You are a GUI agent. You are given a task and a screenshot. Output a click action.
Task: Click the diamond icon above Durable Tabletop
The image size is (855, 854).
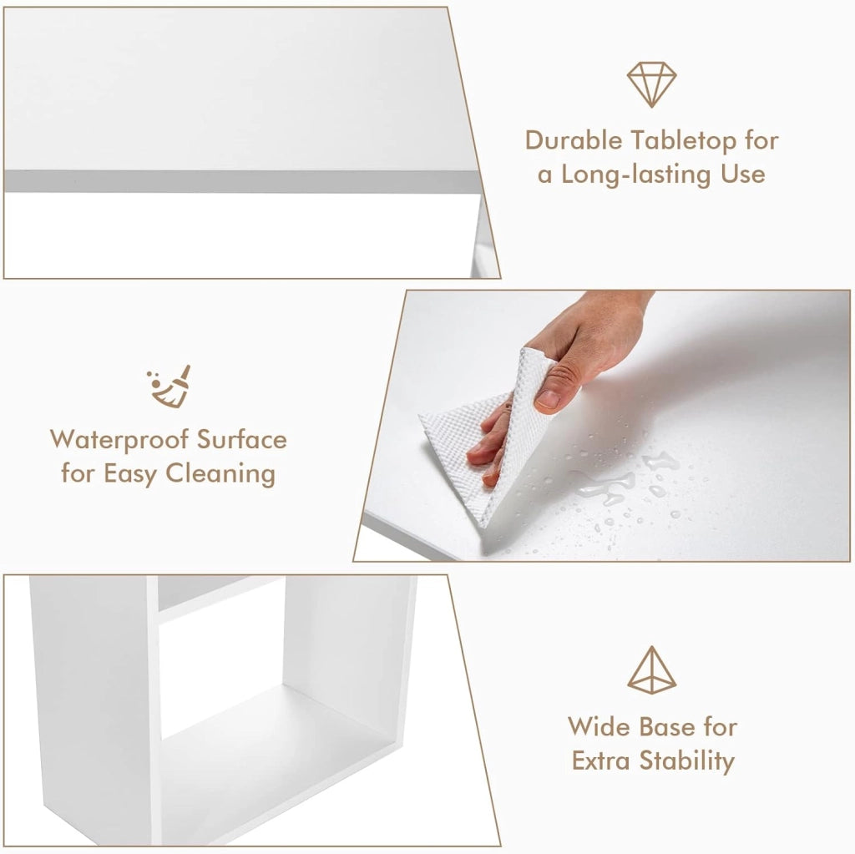coord(651,84)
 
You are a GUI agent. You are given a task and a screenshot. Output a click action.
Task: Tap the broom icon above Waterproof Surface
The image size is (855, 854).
coord(169,387)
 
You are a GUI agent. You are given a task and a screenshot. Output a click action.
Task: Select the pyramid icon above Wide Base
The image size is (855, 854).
coord(651,670)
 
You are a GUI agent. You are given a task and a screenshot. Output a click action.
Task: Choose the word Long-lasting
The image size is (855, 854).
coord(636,175)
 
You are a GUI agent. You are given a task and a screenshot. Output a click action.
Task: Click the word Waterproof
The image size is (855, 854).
coord(120,441)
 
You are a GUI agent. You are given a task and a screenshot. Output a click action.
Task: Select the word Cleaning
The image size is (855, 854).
coord(220,474)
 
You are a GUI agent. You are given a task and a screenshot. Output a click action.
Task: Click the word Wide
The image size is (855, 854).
coord(599,726)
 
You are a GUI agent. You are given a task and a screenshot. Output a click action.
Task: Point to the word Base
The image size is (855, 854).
coord(666,727)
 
